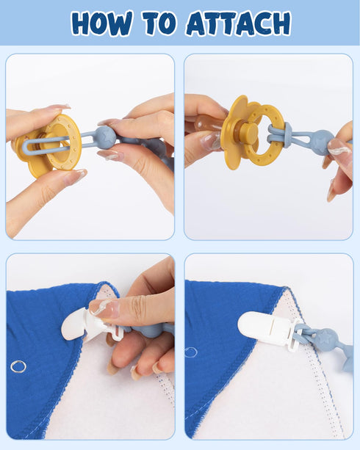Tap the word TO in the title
159,23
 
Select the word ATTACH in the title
239,23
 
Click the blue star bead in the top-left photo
106,137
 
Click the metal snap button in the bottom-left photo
18,366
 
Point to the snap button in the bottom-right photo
190,352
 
